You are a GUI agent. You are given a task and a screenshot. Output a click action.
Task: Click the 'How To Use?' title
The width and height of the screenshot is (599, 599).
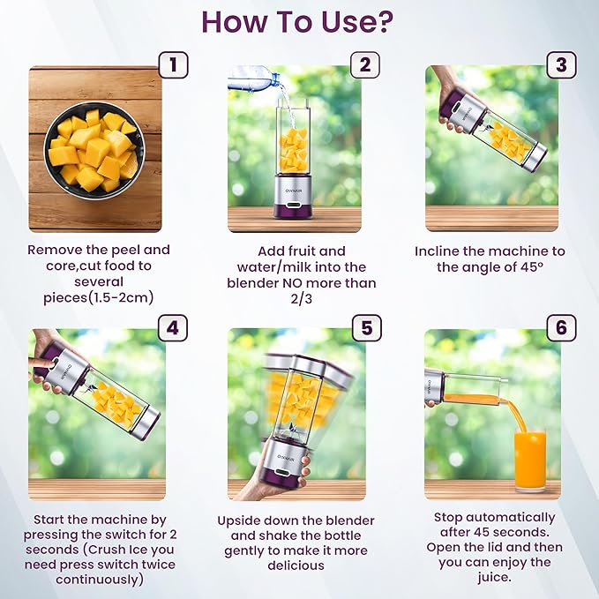pos(299,21)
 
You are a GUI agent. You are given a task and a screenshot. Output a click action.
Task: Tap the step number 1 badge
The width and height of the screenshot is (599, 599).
pos(173,64)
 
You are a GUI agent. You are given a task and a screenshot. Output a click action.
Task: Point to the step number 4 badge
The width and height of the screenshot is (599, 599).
pos(173,328)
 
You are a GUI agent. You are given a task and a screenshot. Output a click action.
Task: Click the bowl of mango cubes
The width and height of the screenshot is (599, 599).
pos(93,149)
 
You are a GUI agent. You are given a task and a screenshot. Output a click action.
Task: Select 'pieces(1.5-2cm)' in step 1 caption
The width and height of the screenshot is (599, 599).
pos(98,298)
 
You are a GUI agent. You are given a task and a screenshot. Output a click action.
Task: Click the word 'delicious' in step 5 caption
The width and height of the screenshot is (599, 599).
pos(296,565)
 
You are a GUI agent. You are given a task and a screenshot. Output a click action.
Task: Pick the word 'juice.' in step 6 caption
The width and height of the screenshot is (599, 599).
pos(492,578)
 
